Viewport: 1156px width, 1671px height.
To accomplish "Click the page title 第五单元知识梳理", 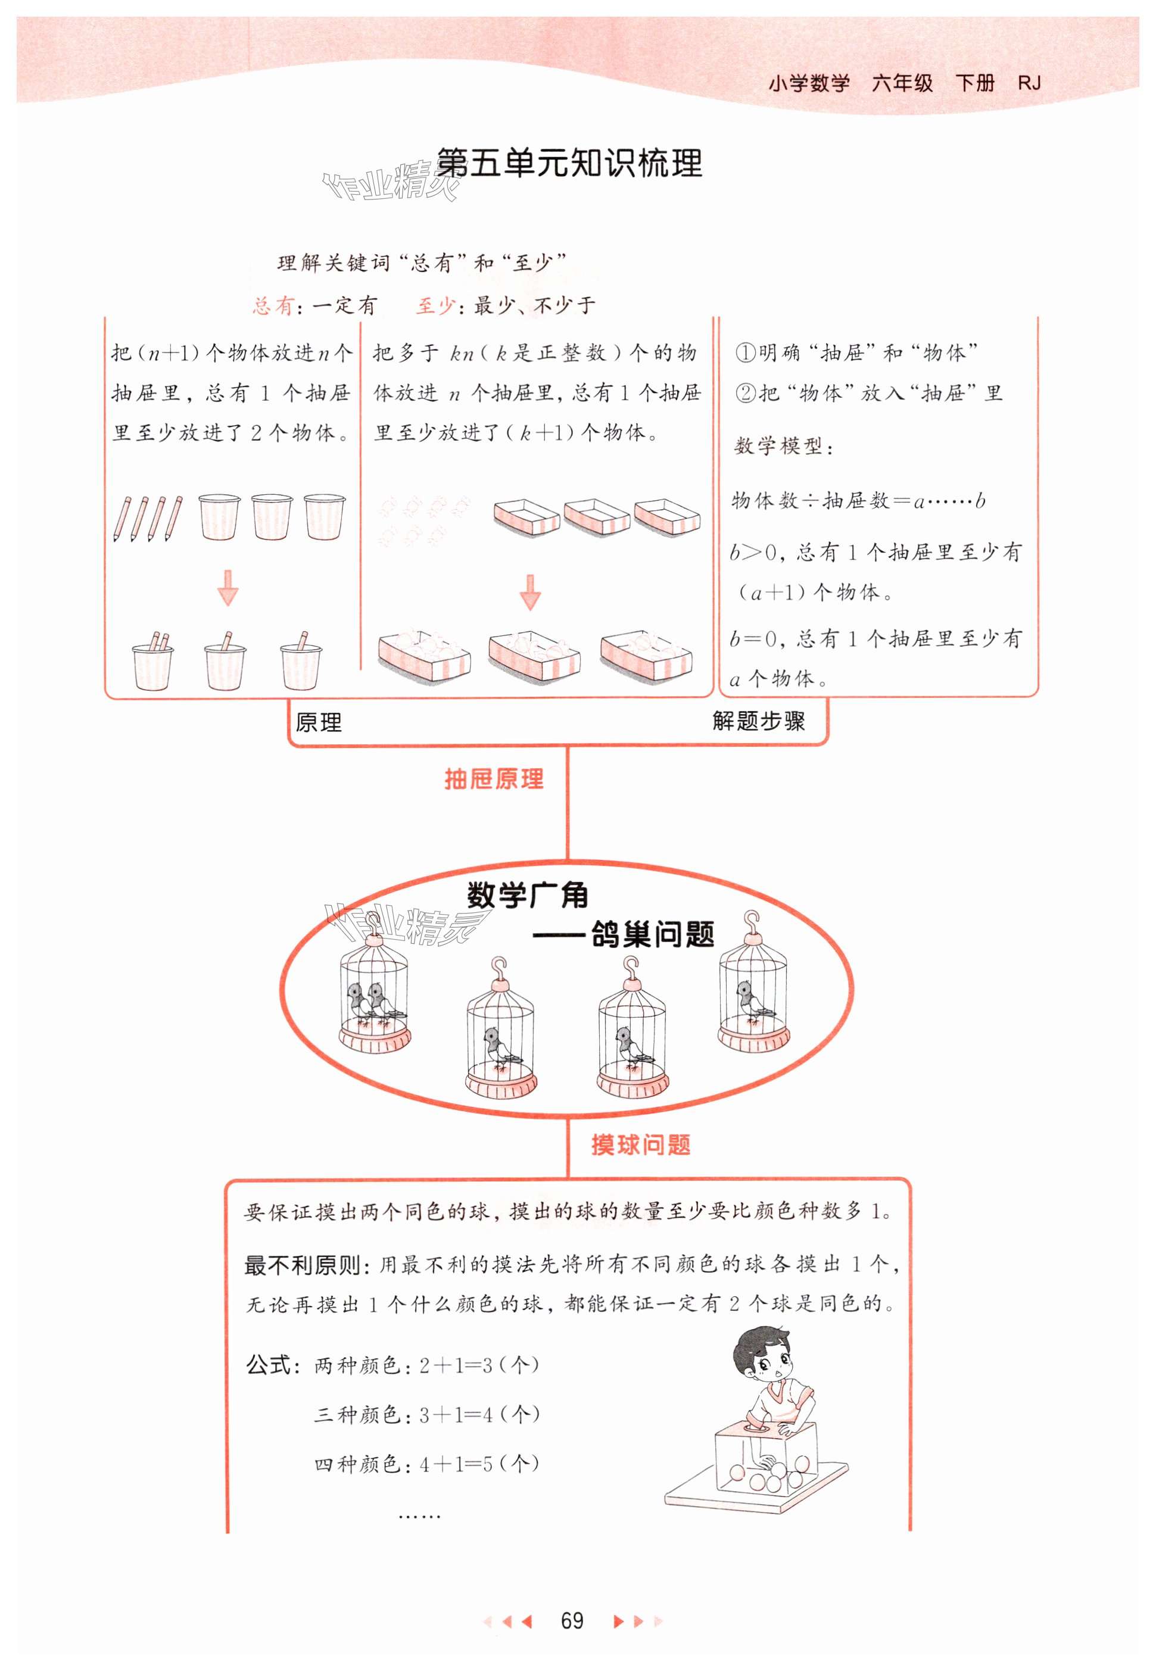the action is click(569, 164).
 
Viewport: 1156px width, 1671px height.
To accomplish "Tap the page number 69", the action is click(572, 1620).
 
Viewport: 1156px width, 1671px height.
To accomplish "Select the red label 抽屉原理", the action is click(494, 780).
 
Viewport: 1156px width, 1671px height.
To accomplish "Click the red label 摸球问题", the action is click(640, 1145).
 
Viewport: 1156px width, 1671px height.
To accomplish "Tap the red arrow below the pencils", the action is click(228, 587).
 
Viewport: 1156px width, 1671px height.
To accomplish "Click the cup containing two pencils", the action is click(153, 662).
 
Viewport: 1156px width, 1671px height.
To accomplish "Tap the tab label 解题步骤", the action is click(758, 721).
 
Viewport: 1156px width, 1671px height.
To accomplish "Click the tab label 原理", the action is click(319, 722).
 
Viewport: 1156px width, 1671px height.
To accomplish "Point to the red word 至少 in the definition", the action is click(435, 305).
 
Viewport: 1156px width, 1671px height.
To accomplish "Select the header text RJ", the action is click(1029, 83).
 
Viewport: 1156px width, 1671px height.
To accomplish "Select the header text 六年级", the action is click(902, 83).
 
